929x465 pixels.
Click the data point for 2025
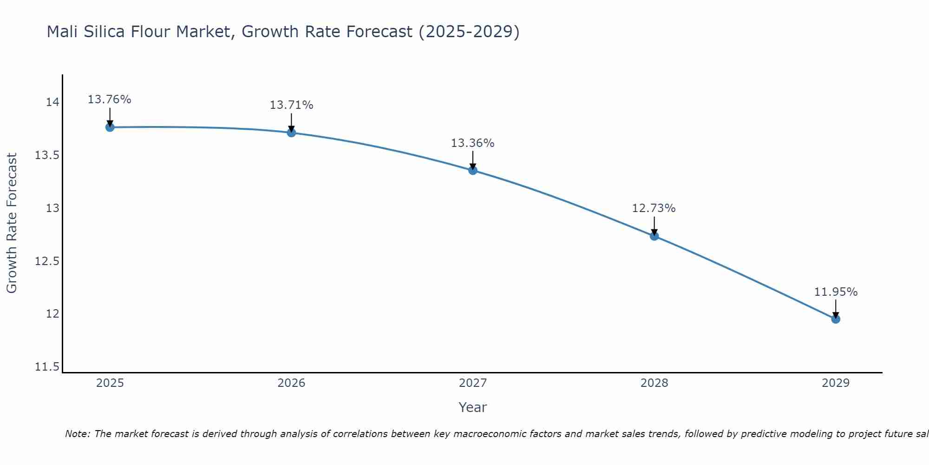click(x=110, y=127)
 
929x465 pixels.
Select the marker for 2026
click(x=291, y=133)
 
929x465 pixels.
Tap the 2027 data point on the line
click(x=473, y=170)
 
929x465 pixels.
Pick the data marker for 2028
click(x=654, y=236)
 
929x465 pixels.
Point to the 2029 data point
click(x=836, y=319)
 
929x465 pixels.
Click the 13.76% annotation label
click(x=110, y=100)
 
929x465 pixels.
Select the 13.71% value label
click(x=291, y=105)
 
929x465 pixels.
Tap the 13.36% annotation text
click(x=473, y=143)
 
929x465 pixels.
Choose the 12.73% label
click(x=654, y=208)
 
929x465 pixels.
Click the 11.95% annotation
click(x=836, y=292)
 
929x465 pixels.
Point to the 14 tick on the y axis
click(x=52, y=102)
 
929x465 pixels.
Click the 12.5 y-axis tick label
click(x=47, y=261)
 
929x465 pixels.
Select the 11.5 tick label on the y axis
click(x=47, y=367)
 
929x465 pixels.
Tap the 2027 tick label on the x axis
click(x=473, y=383)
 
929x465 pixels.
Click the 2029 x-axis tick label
click(x=836, y=383)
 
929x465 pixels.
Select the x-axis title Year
click(x=472, y=407)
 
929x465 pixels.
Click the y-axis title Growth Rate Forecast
click(x=12, y=223)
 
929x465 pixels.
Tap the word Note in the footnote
click(x=77, y=434)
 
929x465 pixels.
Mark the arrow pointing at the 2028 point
click(x=654, y=226)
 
